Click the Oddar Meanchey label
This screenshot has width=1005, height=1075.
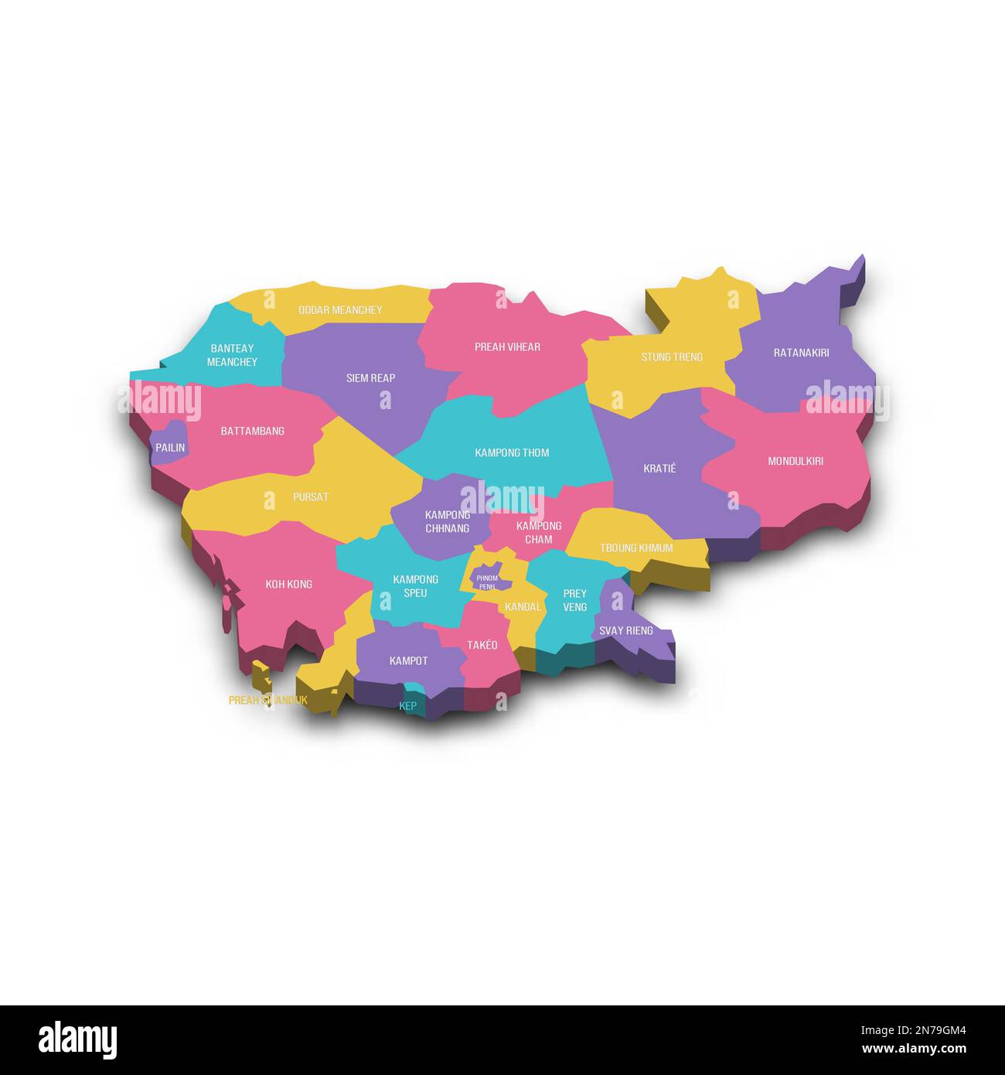(x=340, y=310)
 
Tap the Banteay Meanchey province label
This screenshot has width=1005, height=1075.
(x=232, y=355)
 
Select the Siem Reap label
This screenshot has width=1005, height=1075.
(x=371, y=378)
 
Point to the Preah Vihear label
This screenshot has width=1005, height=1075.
(x=507, y=347)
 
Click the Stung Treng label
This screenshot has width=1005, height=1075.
(x=672, y=357)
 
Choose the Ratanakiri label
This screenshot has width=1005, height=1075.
(x=801, y=353)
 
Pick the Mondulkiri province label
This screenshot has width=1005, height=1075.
(x=795, y=461)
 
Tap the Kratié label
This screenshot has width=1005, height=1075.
(x=659, y=469)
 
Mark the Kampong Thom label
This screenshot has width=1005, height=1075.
(x=512, y=452)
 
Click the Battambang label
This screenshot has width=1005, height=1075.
(x=253, y=431)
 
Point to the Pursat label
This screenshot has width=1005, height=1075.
(x=311, y=497)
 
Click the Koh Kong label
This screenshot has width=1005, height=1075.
(x=289, y=584)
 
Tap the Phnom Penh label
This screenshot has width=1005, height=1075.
(x=487, y=582)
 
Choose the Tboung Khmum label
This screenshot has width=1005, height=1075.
(x=636, y=548)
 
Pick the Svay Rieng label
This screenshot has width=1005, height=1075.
(x=626, y=630)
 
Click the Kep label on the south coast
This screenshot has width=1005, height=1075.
(x=407, y=706)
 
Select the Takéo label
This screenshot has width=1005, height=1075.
(x=482, y=645)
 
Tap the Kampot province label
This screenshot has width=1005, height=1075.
(x=408, y=660)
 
